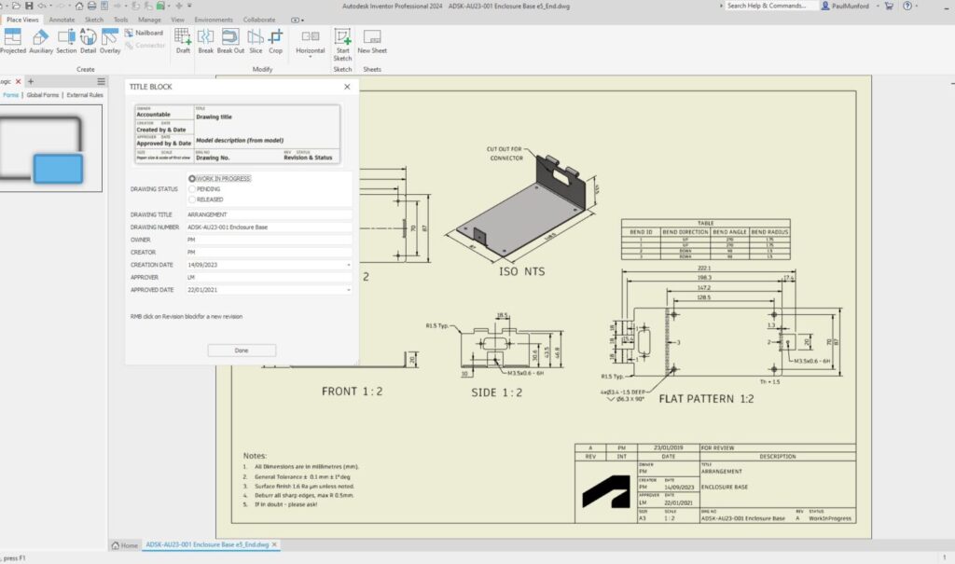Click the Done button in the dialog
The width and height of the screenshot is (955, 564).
[242, 351]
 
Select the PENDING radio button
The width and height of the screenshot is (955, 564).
[193, 188]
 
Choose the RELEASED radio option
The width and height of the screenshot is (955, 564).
[193, 199]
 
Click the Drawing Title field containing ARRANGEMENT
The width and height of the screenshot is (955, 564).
[269, 214]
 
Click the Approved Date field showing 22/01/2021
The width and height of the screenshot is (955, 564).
[269, 290]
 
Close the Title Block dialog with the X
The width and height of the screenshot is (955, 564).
[347, 87]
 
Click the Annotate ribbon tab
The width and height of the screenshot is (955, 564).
[62, 19]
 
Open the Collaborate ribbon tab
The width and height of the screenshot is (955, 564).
[259, 19]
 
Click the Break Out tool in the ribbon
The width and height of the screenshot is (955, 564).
[230, 42]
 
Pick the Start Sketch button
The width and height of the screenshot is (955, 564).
[342, 43]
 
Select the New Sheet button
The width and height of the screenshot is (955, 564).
[372, 43]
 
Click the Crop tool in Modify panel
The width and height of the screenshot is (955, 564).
[275, 42]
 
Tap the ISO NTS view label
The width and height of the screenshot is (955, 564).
[522, 272]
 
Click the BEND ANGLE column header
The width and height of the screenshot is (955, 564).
[727, 230]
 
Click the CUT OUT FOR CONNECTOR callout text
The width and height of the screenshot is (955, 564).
[506, 153]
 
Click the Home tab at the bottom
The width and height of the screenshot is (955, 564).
[125, 545]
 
